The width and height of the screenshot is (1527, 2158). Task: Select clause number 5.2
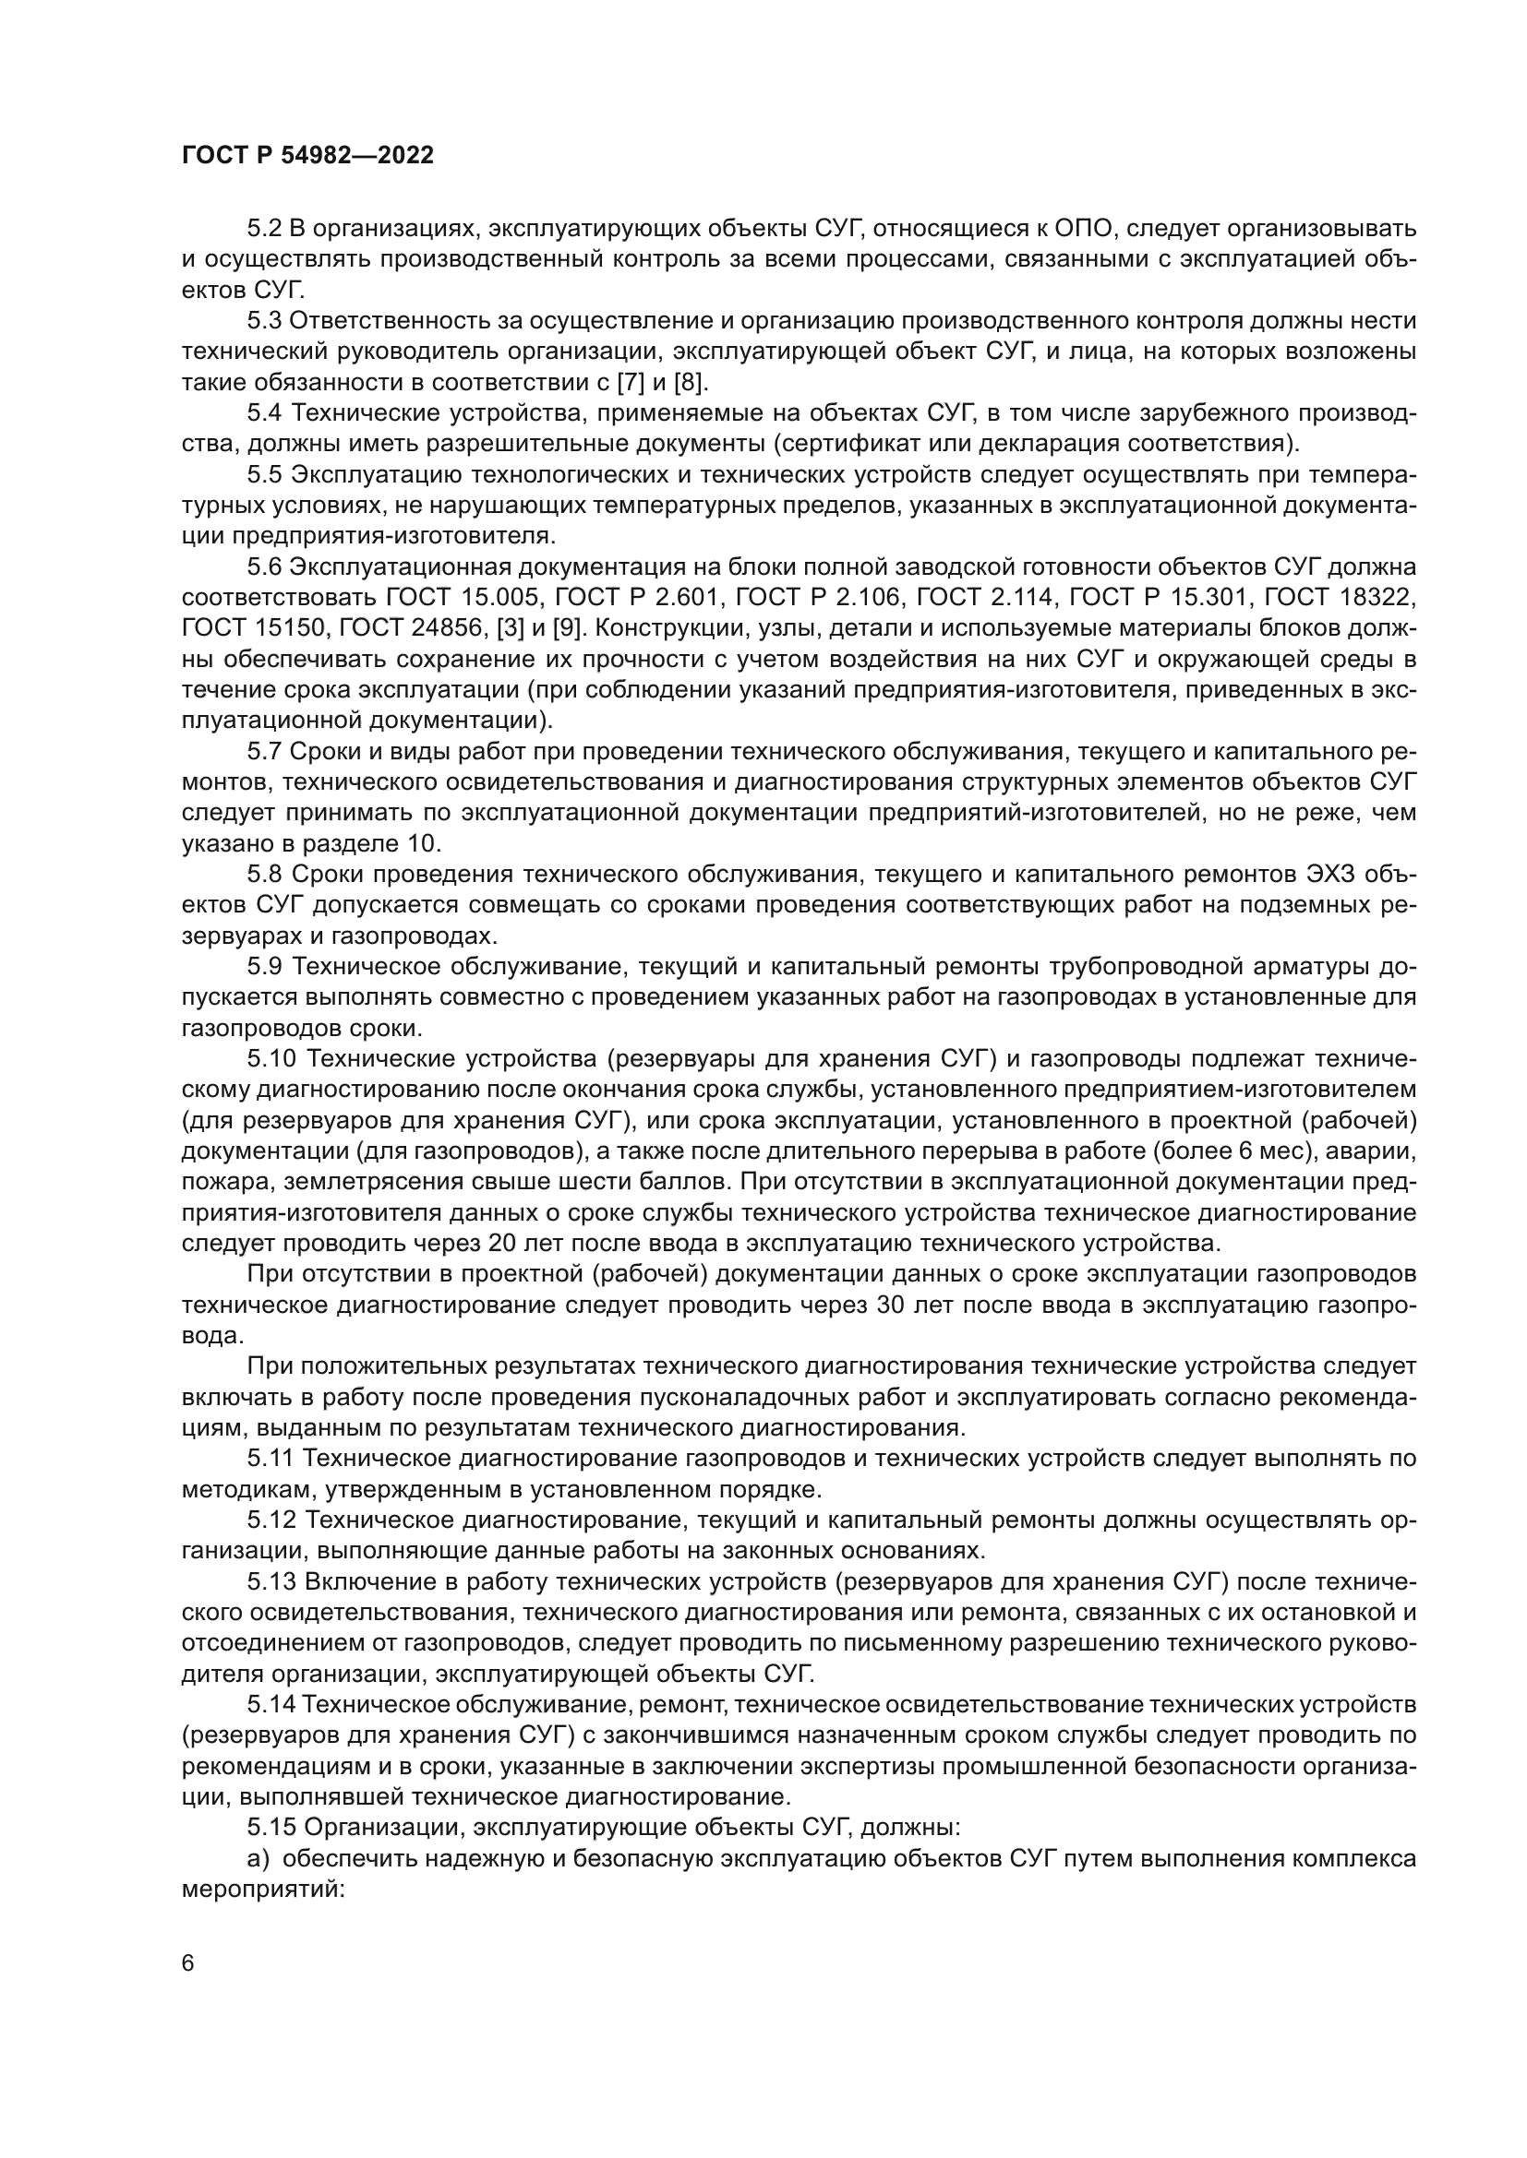[264, 229]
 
